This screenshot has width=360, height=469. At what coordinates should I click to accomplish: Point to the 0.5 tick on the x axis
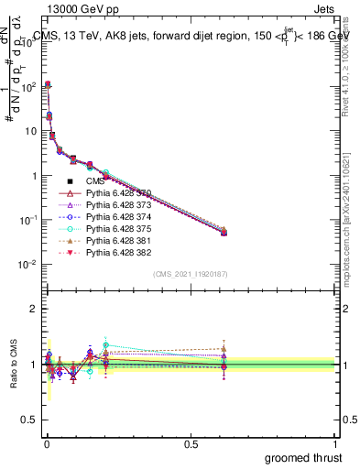click(x=191, y=443)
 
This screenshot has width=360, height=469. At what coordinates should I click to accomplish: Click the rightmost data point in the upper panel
click(x=224, y=233)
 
